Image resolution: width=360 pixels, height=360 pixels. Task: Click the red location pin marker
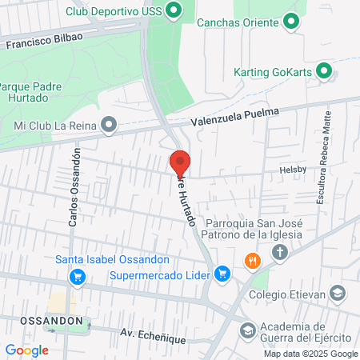point(181,162)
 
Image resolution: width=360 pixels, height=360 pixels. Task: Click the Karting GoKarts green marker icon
point(324,70)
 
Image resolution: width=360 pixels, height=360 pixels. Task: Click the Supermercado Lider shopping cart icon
point(224,275)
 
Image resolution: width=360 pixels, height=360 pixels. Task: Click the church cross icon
point(280,254)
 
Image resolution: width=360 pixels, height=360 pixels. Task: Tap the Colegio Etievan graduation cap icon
point(339,294)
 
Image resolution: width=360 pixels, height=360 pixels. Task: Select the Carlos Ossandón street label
point(74,186)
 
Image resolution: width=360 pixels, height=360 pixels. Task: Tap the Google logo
point(26,350)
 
